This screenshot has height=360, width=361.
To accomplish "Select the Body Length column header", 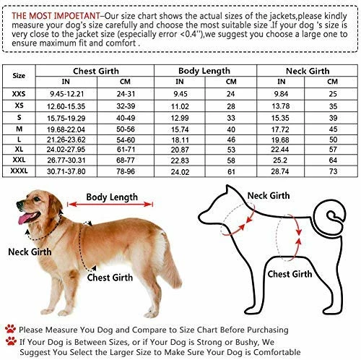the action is (200, 70).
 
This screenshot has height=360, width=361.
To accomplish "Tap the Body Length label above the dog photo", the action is (112, 197).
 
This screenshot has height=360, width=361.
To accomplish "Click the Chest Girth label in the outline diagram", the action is (290, 274).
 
